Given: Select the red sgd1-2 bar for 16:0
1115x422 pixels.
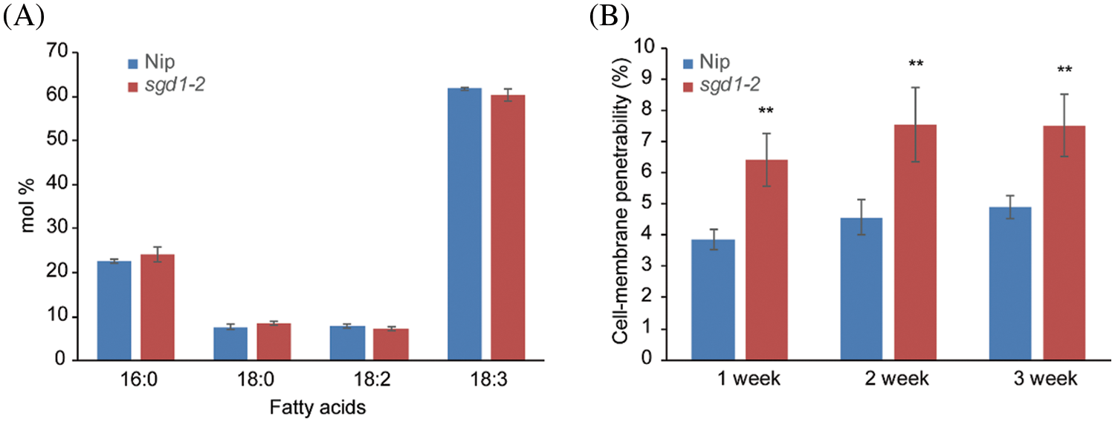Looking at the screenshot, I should tap(157, 307).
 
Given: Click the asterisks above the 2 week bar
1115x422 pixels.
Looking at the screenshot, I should tap(916, 65).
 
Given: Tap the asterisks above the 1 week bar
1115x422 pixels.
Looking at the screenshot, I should tap(766, 112).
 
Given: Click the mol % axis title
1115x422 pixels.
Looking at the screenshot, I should tap(28, 207).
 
